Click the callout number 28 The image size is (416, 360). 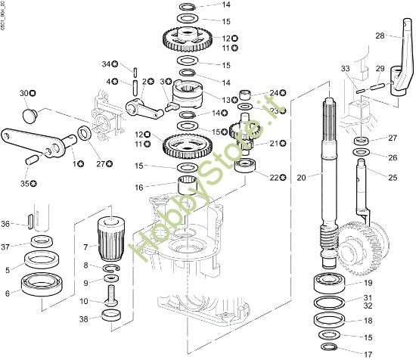[x=380, y=35]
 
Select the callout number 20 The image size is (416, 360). [x=301, y=178]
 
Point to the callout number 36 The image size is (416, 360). [x=6, y=223]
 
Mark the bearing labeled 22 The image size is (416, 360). [x=246, y=166]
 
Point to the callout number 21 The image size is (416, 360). [x=274, y=142]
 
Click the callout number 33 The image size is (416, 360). [x=345, y=69]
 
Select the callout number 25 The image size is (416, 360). [x=393, y=177]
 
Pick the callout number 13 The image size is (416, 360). [x=225, y=99]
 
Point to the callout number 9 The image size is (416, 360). [x=86, y=282]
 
